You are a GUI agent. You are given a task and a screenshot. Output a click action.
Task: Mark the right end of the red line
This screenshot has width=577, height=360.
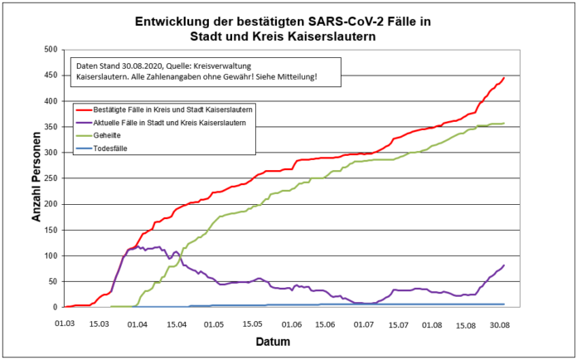click(x=504, y=78)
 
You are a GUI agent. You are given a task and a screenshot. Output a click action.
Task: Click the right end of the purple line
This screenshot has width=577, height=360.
click(x=504, y=265)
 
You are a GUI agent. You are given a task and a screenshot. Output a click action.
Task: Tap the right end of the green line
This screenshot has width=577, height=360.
click(x=504, y=124)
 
